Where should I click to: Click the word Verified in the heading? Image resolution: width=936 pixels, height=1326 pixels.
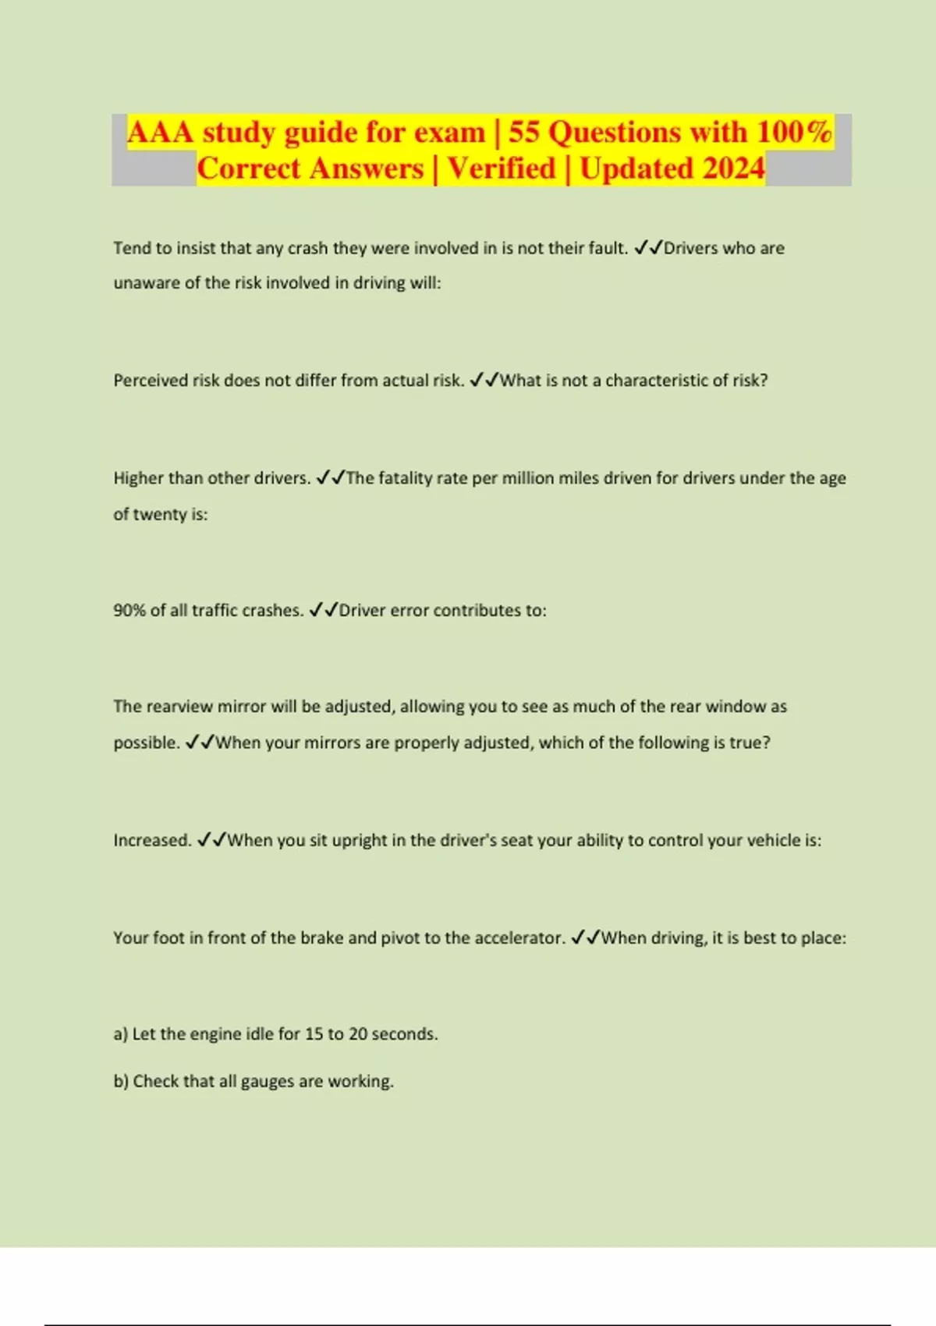(x=502, y=168)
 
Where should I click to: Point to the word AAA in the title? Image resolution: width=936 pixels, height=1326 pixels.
(x=160, y=133)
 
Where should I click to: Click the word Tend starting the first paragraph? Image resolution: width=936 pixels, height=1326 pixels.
(x=131, y=248)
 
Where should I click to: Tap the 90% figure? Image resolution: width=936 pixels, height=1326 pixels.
(x=129, y=610)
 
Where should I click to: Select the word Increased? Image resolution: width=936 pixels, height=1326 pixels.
(x=152, y=840)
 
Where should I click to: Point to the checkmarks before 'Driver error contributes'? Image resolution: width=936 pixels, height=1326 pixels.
(x=324, y=610)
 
